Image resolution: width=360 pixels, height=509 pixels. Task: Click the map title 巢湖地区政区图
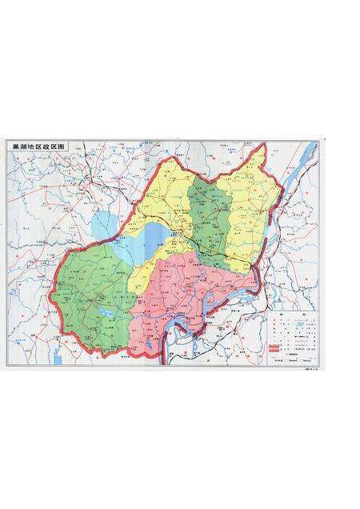point(38,149)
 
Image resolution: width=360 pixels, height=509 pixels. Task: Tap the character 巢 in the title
point(13,149)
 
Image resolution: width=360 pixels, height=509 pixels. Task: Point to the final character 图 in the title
point(65,149)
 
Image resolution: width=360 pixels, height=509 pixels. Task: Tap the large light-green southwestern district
point(88,288)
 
